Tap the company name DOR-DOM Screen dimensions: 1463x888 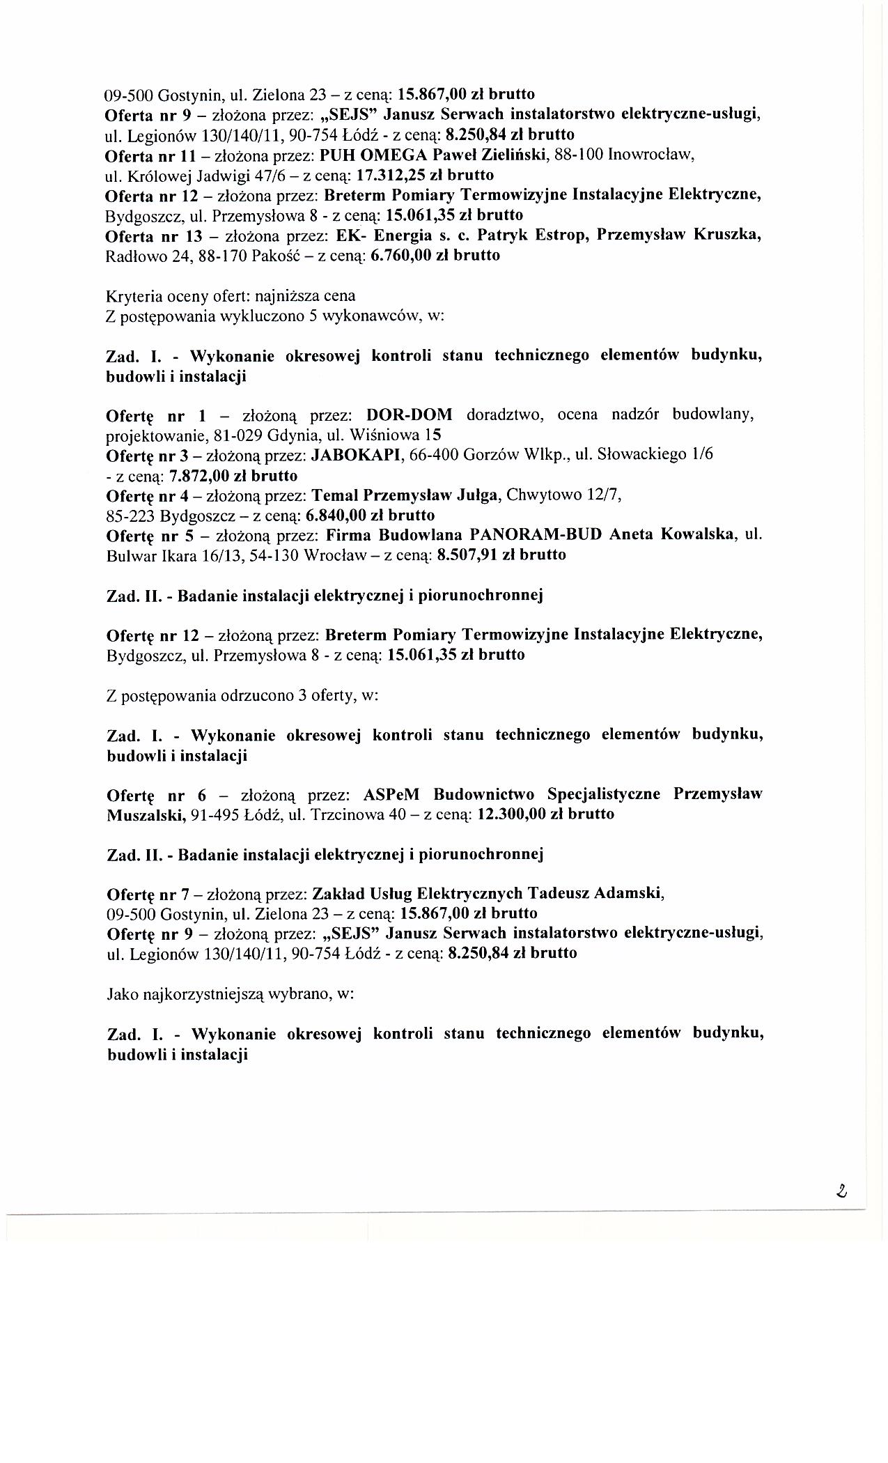[x=410, y=416]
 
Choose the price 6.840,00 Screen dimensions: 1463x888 [x=336, y=516]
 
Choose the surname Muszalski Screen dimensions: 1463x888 [x=146, y=814]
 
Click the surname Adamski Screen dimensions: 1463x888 [x=634, y=893]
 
